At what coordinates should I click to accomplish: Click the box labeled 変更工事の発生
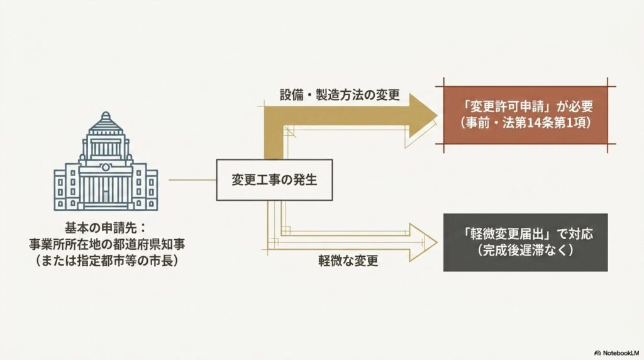pyautogui.click(x=274, y=180)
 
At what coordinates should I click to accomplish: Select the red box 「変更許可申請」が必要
pyautogui.click(x=526, y=115)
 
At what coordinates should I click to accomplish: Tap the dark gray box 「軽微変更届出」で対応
pyautogui.click(x=526, y=242)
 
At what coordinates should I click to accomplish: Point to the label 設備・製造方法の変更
pyautogui.click(x=340, y=95)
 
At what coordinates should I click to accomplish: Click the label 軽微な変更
pyautogui.click(x=348, y=261)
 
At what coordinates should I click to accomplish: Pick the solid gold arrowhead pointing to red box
pyautogui.click(x=423, y=116)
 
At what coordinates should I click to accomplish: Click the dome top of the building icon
pyautogui.click(x=106, y=119)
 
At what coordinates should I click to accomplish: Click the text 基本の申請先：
pyautogui.click(x=106, y=228)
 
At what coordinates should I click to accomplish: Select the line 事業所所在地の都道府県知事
pyautogui.click(x=107, y=244)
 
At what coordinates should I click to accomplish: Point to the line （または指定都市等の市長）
pyautogui.click(x=107, y=261)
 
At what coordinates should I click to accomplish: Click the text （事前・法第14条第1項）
pyautogui.click(x=526, y=123)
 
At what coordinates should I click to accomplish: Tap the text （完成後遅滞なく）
pyautogui.click(x=526, y=250)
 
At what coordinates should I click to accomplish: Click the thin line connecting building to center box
pyautogui.click(x=192, y=180)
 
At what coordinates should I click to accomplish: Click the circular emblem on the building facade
pyautogui.click(x=106, y=167)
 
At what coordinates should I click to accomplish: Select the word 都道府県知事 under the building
pyautogui.click(x=146, y=244)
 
